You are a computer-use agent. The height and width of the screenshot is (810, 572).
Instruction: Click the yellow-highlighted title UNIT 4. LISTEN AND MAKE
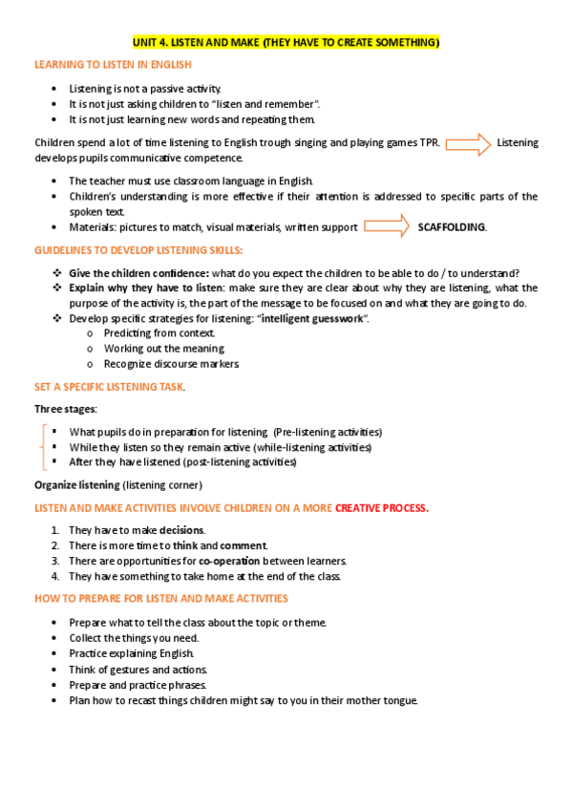coord(285,43)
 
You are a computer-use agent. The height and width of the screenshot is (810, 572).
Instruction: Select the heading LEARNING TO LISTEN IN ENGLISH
coord(113,65)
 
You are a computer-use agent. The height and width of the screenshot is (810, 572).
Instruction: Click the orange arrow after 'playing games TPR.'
coord(468,143)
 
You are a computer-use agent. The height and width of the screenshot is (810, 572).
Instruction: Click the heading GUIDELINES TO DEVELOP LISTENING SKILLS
coord(138,250)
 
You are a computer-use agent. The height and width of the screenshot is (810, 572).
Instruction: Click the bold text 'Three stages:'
coord(66,409)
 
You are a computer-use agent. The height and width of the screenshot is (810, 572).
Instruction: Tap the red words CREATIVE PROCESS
coord(382,508)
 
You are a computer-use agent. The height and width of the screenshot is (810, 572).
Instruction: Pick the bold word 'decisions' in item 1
coord(181,530)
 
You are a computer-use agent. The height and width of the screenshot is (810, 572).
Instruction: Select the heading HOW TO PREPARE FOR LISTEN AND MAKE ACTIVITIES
coord(160,599)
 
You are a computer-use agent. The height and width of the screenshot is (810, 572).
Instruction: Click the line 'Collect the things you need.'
coord(134,638)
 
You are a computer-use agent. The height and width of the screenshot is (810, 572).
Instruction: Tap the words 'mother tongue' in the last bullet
coord(386,700)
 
